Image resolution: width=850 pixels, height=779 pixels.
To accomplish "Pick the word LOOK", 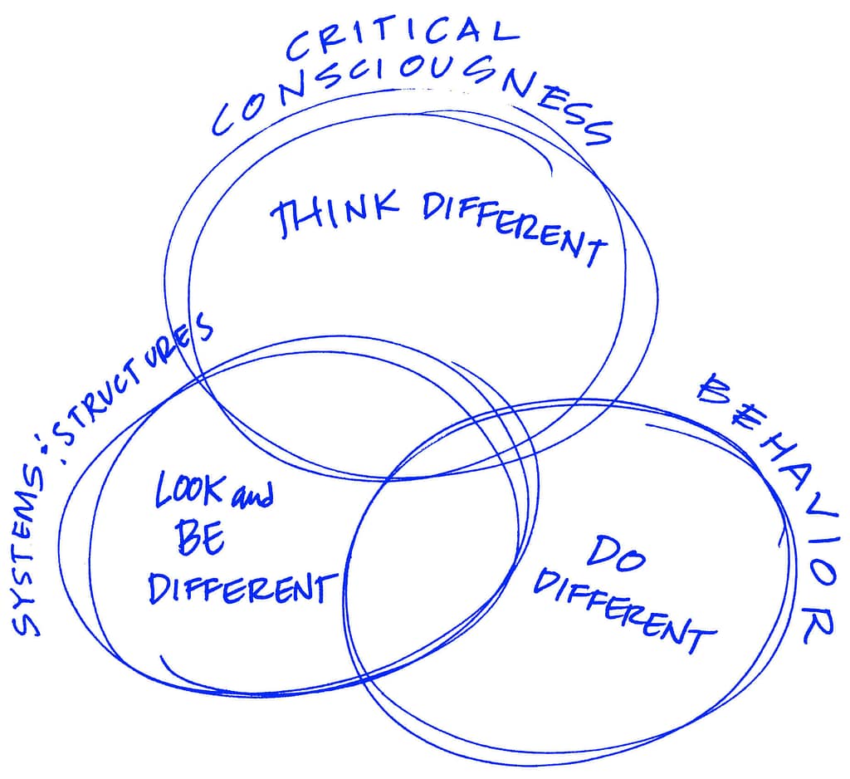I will point(189,491).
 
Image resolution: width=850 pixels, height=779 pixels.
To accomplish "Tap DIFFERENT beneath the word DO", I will point(622,610).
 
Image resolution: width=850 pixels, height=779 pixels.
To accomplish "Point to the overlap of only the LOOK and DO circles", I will point(432,581).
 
